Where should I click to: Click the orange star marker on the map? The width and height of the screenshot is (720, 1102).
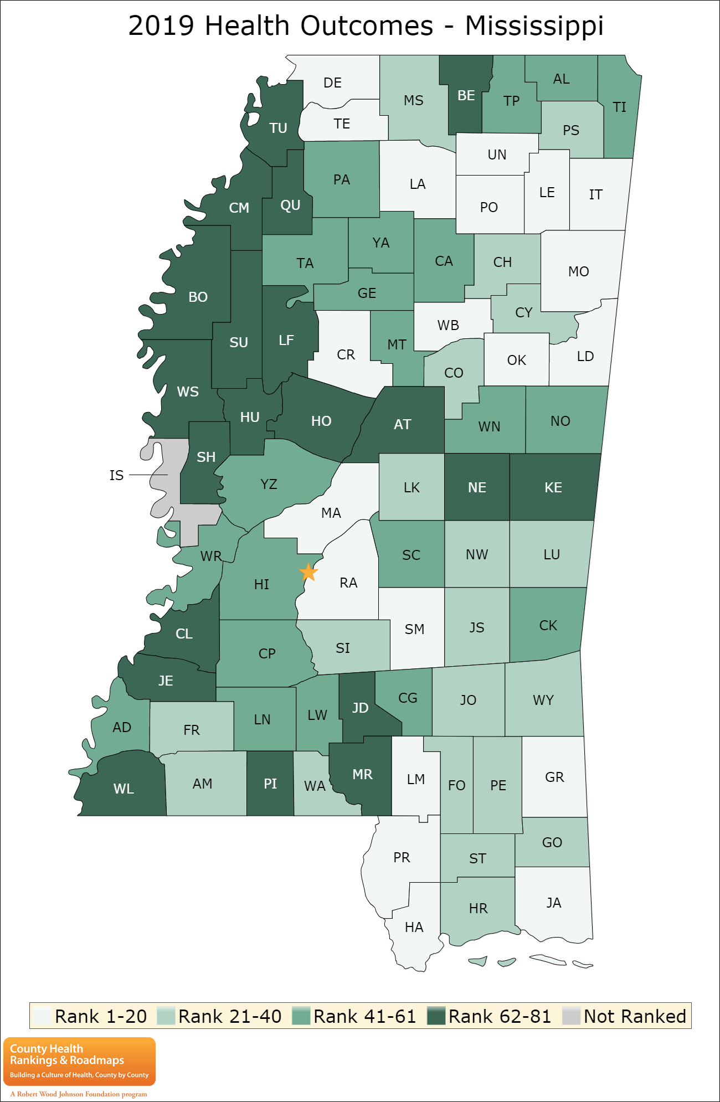click(x=308, y=571)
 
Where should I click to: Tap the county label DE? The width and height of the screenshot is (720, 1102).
click(x=332, y=83)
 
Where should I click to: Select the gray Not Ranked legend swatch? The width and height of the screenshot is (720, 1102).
click(x=571, y=1016)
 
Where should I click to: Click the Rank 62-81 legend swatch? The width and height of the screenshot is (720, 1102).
click(x=436, y=1016)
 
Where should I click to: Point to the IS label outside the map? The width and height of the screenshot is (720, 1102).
click(x=116, y=475)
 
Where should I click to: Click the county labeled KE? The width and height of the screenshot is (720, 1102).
click(x=553, y=487)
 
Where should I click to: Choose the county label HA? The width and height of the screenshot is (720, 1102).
click(x=414, y=927)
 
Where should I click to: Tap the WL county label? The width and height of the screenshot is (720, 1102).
click(x=124, y=789)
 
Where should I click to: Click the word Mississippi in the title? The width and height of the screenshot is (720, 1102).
click(x=534, y=25)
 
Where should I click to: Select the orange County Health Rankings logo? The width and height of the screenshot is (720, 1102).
click(x=79, y=1061)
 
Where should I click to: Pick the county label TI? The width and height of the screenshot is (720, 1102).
click(x=619, y=107)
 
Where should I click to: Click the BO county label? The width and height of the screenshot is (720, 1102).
click(x=198, y=297)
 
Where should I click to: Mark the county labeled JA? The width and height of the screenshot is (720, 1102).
click(x=554, y=903)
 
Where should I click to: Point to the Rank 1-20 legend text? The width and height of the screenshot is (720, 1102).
click(x=101, y=1016)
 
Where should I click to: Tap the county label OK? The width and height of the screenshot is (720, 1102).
click(x=516, y=360)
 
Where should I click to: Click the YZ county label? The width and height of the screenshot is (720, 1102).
click(x=269, y=484)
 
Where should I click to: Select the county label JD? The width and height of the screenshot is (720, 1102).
click(x=360, y=708)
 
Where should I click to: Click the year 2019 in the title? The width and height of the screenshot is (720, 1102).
click(x=161, y=25)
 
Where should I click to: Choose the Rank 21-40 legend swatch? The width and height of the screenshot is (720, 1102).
click(x=166, y=1016)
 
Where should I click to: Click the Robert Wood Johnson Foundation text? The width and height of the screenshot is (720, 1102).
click(x=79, y=1094)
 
